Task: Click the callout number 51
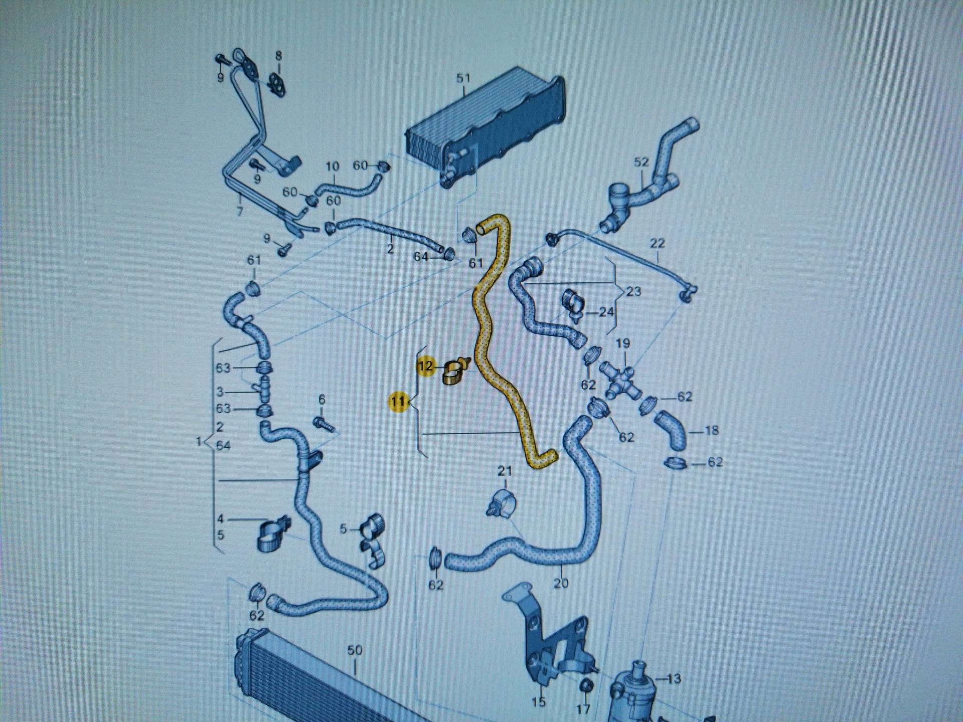click(463, 78)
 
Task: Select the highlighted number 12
click(426, 366)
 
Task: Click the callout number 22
click(657, 244)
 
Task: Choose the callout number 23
click(634, 291)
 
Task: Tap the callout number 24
click(607, 312)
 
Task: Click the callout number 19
click(622, 344)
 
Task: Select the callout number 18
click(711, 430)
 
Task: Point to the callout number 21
click(505, 471)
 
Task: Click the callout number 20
click(561, 583)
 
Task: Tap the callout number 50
click(355, 650)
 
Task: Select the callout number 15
click(538, 701)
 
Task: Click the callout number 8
click(278, 56)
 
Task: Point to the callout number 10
click(333, 166)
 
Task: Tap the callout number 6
click(322, 399)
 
